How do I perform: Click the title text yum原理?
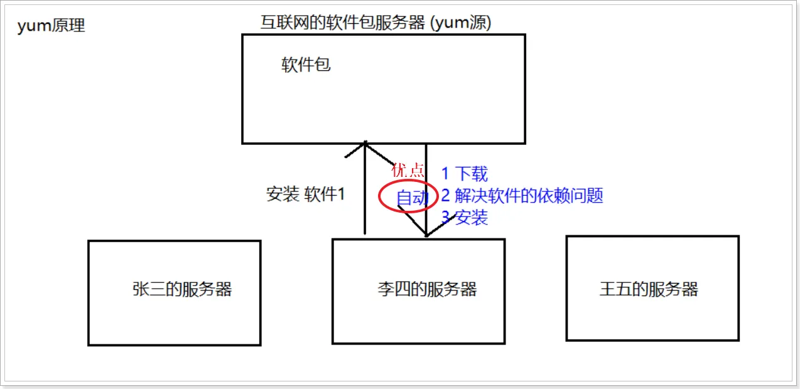(x=51, y=26)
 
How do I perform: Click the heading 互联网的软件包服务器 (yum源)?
(x=376, y=23)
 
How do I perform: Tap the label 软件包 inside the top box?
(x=306, y=65)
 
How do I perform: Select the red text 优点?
(x=408, y=171)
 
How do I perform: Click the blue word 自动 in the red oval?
(x=412, y=198)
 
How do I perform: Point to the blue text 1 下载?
(x=464, y=174)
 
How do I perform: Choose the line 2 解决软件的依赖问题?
(x=522, y=196)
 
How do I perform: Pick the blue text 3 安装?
(x=464, y=218)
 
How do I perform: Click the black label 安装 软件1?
(x=306, y=194)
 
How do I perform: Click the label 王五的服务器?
(x=649, y=289)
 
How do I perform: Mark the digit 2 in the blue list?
(x=446, y=196)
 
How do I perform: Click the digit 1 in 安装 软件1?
(x=341, y=194)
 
